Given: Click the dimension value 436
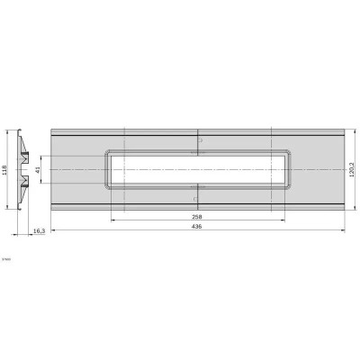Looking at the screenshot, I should point(197,226).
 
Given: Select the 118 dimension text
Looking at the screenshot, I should point(5,169).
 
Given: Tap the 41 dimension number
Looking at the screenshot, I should point(38,169).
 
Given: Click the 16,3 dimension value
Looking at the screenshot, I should point(39,231).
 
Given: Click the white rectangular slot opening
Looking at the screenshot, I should point(197,169).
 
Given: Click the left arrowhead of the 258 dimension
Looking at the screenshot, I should point(112,221).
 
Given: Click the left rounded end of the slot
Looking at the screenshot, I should point(108,169).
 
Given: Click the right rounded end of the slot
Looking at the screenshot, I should point(286,169).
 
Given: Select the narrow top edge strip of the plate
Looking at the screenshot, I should point(197,131).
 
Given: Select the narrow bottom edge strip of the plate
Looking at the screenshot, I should point(197,208).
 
